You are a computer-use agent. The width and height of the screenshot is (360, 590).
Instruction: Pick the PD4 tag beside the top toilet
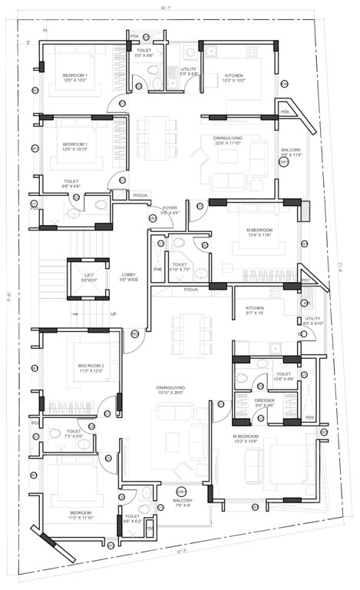coord(134,36)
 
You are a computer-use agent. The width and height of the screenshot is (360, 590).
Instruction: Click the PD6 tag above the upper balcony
coord(284,112)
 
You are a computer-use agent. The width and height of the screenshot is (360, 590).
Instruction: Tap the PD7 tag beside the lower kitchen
coord(305,281)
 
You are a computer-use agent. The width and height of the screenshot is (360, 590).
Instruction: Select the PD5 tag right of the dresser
coord(309,419)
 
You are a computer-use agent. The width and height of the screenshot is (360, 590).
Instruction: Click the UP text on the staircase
coord(114,314)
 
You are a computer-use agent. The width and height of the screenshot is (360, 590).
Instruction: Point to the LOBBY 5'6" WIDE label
coord(128,277)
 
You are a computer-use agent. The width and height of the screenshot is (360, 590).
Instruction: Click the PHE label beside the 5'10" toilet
coord(158,270)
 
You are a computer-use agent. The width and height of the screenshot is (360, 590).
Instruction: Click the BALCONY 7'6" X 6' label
coord(182,502)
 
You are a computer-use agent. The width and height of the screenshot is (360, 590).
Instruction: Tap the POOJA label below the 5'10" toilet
coord(190,290)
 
